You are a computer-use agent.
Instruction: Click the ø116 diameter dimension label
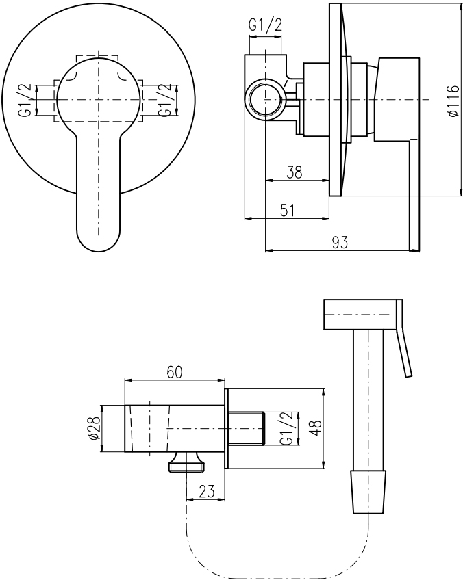[x=453, y=101]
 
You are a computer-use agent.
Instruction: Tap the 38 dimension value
[x=295, y=172]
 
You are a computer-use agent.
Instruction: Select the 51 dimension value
[x=288, y=210]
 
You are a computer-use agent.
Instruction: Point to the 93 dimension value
[x=340, y=242]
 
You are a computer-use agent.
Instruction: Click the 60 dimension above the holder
[x=175, y=372]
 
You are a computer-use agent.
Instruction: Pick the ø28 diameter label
[x=95, y=428]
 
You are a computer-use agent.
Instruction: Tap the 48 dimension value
[x=315, y=428]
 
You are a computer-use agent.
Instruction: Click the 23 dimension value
[x=207, y=492]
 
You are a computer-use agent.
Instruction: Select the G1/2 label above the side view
[x=265, y=25]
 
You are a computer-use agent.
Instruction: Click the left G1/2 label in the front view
[x=25, y=101]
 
